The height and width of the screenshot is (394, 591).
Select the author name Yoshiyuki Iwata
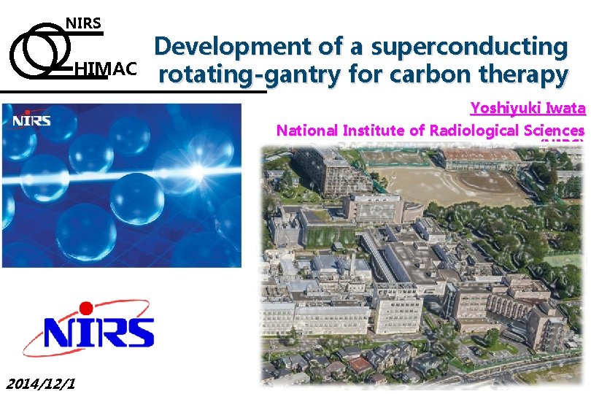[x=528, y=109]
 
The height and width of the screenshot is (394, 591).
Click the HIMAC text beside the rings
[x=105, y=69]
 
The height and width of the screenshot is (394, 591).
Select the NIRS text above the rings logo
[x=84, y=23]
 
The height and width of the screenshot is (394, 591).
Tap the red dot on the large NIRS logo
[x=86, y=308]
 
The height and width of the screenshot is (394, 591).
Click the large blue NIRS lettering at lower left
[x=98, y=333]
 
